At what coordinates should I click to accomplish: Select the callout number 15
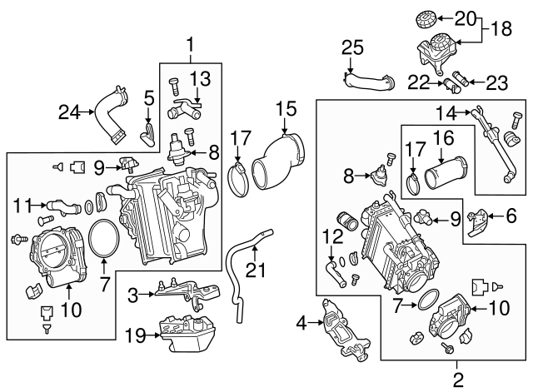pyautogui.click(x=285, y=107)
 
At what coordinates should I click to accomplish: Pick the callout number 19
pyautogui.click(x=134, y=335)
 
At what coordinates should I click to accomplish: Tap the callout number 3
pyautogui.click(x=132, y=295)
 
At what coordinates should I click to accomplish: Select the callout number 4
pyautogui.click(x=302, y=320)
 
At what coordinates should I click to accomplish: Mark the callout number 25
pyautogui.click(x=351, y=48)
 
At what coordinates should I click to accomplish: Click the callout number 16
pyautogui.click(x=443, y=138)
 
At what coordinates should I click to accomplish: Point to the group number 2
pyautogui.click(x=456, y=380)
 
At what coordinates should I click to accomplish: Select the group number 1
pyautogui.click(x=191, y=42)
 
